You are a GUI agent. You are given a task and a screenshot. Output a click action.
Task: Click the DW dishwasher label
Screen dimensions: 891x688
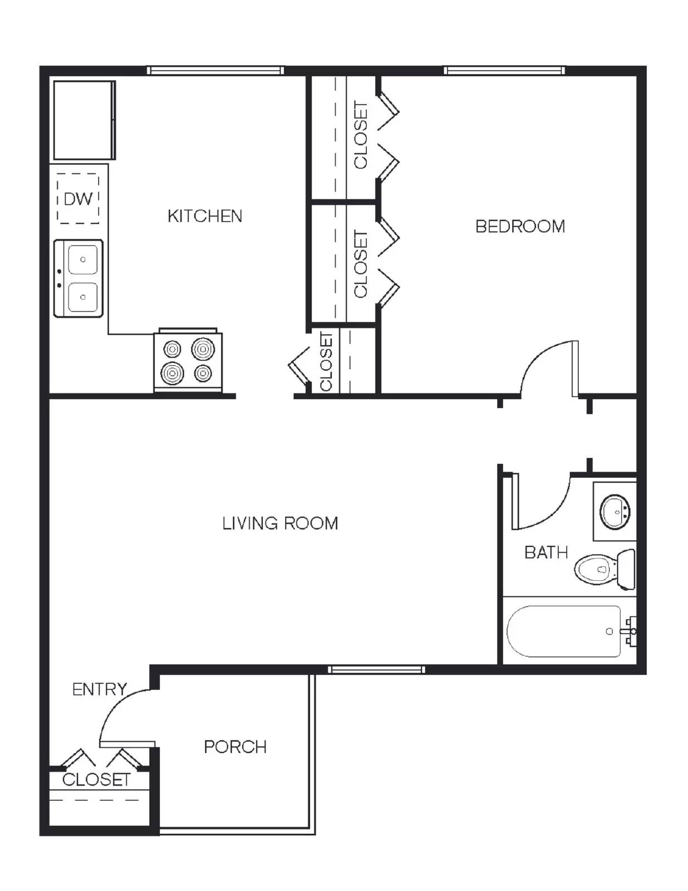[x=78, y=199]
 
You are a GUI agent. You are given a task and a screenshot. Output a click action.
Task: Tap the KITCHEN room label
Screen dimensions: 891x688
[x=205, y=216]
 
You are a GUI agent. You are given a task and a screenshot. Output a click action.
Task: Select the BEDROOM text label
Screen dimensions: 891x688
[x=520, y=226]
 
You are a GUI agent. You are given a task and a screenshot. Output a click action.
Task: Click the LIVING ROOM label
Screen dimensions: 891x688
[x=280, y=523]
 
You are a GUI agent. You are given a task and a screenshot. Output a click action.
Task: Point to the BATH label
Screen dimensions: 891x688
[x=546, y=552]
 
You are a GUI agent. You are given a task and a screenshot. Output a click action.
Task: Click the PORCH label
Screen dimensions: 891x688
[x=235, y=747]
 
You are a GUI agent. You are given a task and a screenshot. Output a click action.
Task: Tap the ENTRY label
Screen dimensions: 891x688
[x=100, y=689]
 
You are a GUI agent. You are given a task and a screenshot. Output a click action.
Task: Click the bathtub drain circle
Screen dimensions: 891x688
[x=609, y=631]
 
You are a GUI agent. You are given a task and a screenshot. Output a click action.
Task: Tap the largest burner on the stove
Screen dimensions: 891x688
[x=203, y=350]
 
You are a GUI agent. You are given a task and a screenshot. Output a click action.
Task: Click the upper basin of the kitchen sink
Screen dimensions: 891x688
[x=83, y=260]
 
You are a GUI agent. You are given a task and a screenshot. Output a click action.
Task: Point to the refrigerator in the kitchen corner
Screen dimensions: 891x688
[x=84, y=120]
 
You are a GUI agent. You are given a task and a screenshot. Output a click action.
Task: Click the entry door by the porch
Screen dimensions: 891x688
[x=127, y=743]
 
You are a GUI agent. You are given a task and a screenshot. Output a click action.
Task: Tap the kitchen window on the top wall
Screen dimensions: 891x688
[x=215, y=71]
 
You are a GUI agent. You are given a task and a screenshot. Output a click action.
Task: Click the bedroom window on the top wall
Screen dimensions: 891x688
[x=504, y=71]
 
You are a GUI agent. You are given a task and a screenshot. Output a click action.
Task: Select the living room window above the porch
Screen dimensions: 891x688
[x=376, y=669]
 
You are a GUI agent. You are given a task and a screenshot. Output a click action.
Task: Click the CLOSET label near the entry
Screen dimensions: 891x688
[x=96, y=780]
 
